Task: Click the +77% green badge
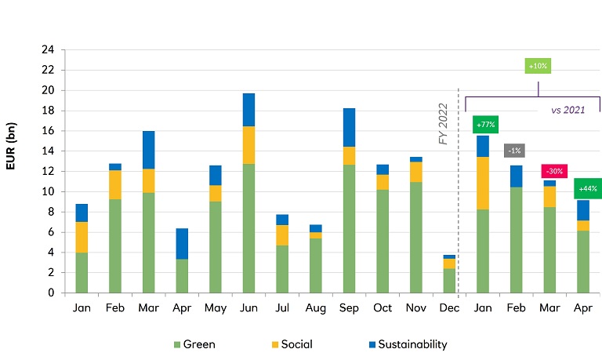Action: tap(484, 125)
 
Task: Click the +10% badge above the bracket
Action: tap(538, 66)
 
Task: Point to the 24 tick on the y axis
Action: tap(48, 49)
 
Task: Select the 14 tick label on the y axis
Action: tap(48, 151)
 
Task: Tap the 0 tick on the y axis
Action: tap(51, 293)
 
